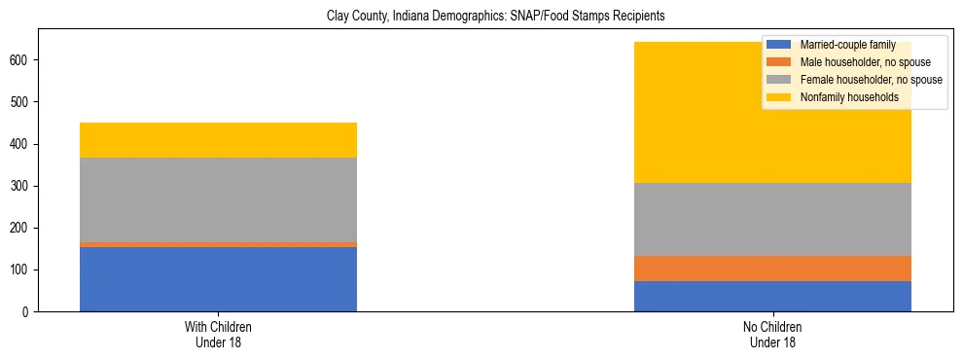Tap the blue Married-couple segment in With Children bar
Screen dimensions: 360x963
(218, 279)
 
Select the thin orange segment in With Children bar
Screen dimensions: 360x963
(218, 244)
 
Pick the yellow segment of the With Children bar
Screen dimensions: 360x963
(218, 140)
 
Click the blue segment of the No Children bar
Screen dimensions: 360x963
(772, 296)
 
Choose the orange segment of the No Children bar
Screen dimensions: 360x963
(772, 269)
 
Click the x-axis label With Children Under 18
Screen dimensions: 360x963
(218, 335)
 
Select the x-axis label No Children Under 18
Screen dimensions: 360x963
(772, 335)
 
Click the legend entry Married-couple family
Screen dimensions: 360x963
(847, 46)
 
